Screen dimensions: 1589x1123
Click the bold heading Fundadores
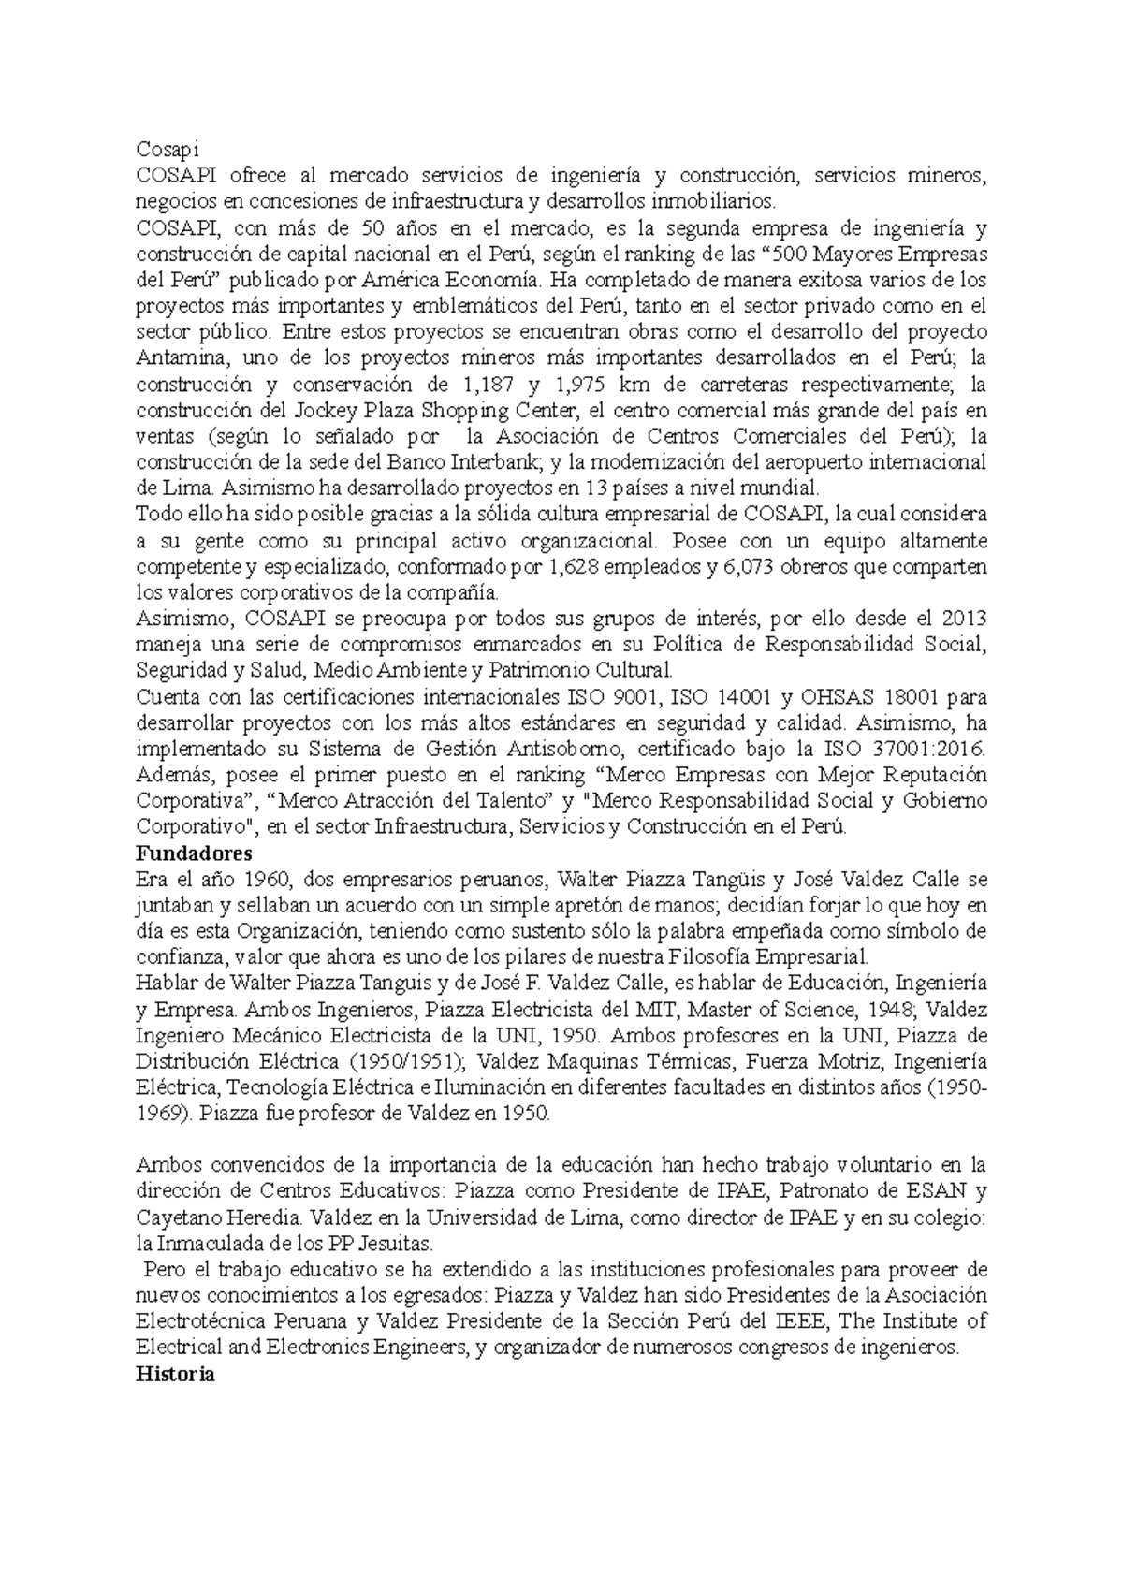click(x=194, y=853)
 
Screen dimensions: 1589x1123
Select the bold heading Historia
click(x=176, y=1375)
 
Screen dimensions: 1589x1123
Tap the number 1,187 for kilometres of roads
click(x=488, y=384)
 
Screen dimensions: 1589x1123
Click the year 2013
click(x=964, y=619)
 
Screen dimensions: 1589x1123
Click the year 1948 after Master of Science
click(x=890, y=1010)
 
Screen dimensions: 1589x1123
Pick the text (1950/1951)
click(x=407, y=1062)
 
